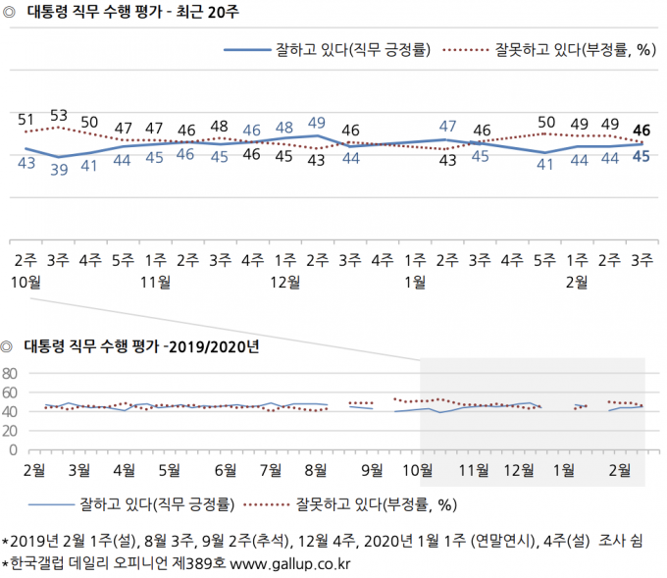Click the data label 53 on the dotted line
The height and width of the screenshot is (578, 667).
click(x=58, y=114)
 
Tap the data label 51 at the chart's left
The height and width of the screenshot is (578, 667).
click(x=26, y=119)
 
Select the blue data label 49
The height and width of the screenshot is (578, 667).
click(x=317, y=123)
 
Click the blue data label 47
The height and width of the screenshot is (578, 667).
click(x=448, y=126)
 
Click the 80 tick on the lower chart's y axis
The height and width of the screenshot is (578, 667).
click(x=12, y=374)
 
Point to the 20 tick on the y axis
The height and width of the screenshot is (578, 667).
click(x=12, y=432)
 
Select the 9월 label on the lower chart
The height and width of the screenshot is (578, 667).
click(x=372, y=469)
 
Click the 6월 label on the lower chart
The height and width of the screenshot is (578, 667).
click(x=226, y=469)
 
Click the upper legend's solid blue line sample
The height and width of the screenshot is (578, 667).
click(x=257, y=51)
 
